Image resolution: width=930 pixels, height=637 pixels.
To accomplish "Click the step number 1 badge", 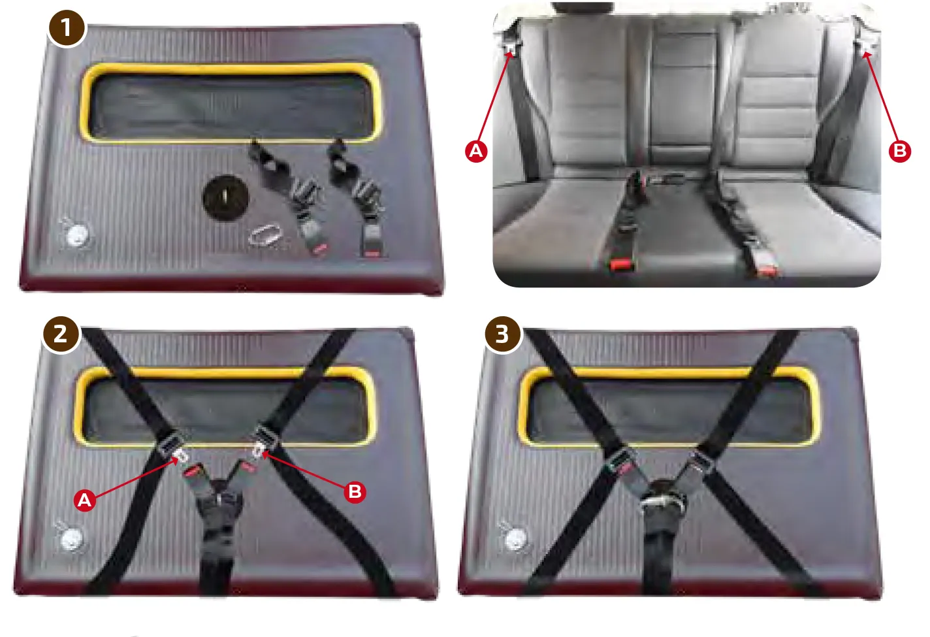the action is (66, 28).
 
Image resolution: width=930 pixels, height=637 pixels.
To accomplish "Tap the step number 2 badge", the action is (61, 335).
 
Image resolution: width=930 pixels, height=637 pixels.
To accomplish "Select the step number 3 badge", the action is (502, 335).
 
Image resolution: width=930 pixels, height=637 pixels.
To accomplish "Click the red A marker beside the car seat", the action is (476, 151).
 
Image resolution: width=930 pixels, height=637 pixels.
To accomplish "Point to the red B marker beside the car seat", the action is (900, 151).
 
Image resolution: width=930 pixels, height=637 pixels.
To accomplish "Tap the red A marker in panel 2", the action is (85, 500).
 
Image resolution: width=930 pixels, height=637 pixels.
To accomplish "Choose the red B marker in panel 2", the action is (355, 492).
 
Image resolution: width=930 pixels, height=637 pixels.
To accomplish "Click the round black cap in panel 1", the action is (225, 198).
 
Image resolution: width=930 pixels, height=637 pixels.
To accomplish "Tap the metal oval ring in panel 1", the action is (265, 235).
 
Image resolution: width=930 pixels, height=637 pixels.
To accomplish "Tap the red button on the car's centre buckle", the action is (622, 265).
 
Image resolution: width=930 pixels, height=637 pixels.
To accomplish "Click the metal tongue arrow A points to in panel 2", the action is (182, 457).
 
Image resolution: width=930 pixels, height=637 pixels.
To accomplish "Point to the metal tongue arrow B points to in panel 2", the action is (258, 450).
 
